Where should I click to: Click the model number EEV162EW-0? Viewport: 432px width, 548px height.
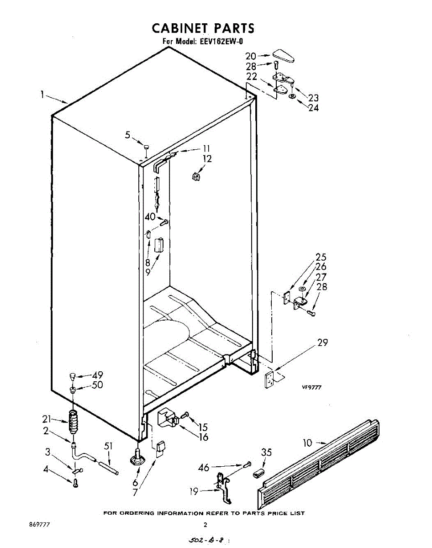[221, 42]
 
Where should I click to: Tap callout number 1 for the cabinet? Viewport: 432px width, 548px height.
[42, 95]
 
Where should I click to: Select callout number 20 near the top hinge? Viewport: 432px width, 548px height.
[251, 56]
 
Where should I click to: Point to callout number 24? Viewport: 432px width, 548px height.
[313, 108]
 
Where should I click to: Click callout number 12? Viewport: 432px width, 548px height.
[208, 159]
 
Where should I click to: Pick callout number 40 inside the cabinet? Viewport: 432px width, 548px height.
[150, 217]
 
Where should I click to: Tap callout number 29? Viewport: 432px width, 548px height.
[322, 342]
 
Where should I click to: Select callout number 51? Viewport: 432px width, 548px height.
[108, 446]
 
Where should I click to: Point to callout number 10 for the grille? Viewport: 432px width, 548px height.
[307, 443]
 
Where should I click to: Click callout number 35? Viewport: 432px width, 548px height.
[266, 452]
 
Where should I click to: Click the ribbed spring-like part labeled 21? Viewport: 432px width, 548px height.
[73, 422]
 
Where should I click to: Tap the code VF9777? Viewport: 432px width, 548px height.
[311, 387]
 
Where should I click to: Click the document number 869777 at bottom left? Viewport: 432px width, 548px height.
[39, 525]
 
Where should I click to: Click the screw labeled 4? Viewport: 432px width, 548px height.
[75, 483]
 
